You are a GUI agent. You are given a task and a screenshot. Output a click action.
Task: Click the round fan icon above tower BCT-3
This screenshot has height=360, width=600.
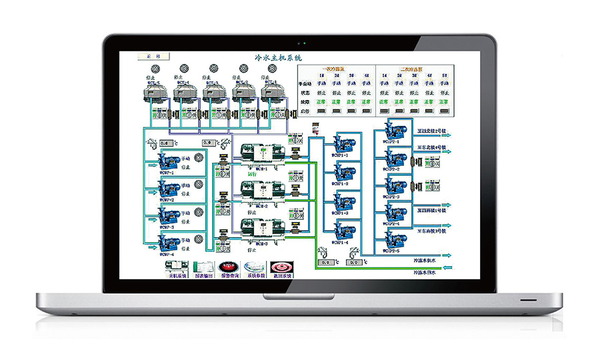(x=213, y=68)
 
